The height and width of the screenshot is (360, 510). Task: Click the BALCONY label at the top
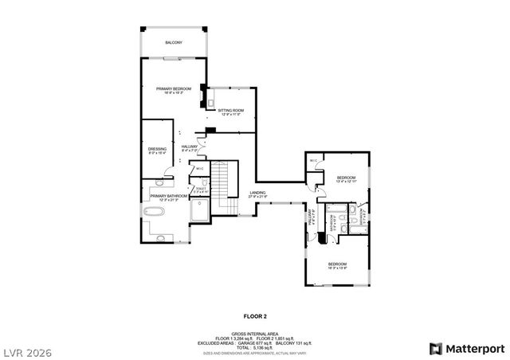tap(174, 42)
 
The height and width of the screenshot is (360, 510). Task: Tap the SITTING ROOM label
tap(231, 112)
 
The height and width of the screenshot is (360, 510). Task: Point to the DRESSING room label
tap(157, 150)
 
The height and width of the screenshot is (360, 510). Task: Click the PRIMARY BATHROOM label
tap(167, 197)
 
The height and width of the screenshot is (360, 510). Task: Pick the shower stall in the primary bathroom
tap(199, 209)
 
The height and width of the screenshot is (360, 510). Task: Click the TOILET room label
tap(202, 190)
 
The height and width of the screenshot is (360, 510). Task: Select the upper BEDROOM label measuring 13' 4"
tap(346, 178)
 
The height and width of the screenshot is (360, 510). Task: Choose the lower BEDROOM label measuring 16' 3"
tap(338, 265)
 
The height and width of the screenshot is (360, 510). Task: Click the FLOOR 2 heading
tap(255, 316)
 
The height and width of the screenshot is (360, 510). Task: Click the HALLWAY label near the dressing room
tap(190, 148)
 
